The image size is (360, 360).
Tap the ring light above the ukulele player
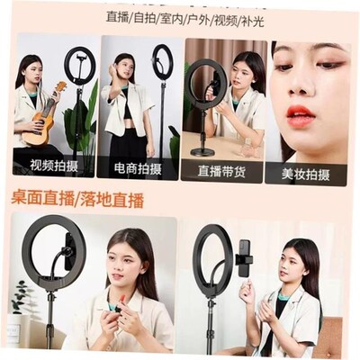pyautogui.click(x=79, y=64)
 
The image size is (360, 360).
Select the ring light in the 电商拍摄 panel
pyautogui.click(x=163, y=61)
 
